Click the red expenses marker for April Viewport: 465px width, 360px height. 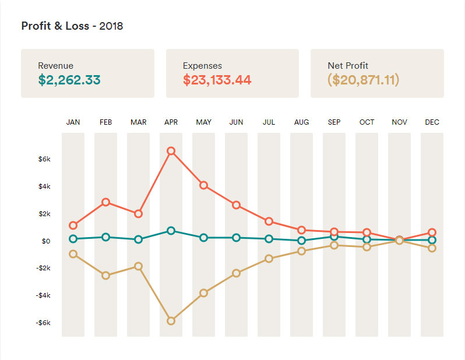[171, 151]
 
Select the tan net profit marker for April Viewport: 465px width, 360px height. [171, 321]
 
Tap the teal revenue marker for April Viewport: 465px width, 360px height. [171, 231]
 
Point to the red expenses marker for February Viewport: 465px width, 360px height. [106, 202]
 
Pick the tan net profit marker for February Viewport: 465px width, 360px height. [106, 276]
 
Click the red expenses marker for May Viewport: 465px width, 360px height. [204, 185]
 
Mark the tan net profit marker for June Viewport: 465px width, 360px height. [237, 273]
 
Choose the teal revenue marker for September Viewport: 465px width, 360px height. [334, 237]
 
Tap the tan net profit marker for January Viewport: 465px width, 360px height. [73, 254]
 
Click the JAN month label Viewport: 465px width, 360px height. [73, 122]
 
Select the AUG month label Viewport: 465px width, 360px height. [302, 122]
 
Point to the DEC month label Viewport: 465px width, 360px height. [432, 122]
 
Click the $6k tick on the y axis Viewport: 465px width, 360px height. [45, 159]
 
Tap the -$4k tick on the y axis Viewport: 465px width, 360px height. [44, 295]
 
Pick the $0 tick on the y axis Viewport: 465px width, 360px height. [46, 241]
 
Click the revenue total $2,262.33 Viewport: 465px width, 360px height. [69, 80]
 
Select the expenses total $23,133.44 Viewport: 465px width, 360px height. [217, 80]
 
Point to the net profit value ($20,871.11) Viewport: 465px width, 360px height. [364, 80]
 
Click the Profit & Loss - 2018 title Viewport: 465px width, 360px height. [72, 26]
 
